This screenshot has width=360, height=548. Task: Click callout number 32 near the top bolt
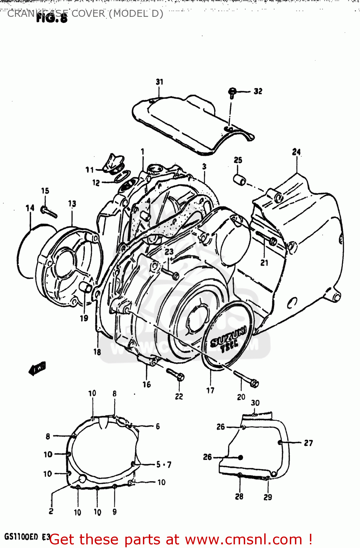(258, 91)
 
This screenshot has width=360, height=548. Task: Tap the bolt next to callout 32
(232, 92)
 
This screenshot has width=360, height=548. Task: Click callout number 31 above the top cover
(160, 82)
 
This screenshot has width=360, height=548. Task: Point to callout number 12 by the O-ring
(96, 183)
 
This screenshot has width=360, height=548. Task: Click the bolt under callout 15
(49, 212)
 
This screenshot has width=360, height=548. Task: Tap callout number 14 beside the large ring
(30, 208)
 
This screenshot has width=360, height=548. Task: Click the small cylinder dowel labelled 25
(240, 180)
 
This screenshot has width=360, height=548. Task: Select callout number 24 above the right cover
(296, 152)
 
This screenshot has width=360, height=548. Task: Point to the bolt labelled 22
(176, 374)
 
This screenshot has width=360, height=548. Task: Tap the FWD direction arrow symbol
(37, 369)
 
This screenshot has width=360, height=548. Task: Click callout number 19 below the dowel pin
(84, 318)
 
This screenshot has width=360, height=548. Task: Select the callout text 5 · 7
(164, 465)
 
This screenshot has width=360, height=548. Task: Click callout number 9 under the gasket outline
(114, 512)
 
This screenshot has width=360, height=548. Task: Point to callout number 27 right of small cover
(308, 443)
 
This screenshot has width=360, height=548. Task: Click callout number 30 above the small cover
(255, 403)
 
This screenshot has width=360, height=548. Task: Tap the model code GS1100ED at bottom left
(21, 537)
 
